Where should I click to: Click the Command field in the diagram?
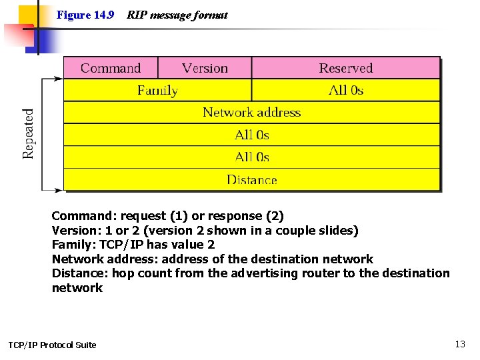click(x=111, y=68)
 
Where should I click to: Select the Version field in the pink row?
click(x=205, y=68)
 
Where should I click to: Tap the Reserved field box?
click(x=345, y=68)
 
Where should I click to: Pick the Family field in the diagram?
click(x=157, y=90)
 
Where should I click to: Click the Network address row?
click(x=251, y=113)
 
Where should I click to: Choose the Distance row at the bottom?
click(x=251, y=179)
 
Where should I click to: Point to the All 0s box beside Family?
click(x=345, y=90)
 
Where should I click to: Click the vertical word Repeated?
click(x=29, y=134)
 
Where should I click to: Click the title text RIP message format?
click(x=177, y=15)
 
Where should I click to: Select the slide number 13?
click(x=460, y=344)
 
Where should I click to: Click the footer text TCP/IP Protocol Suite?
click(x=52, y=345)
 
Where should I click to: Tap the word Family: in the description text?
click(x=72, y=245)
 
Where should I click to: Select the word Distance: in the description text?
click(x=80, y=273)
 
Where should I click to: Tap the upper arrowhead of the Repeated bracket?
click(x=59, y=79)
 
